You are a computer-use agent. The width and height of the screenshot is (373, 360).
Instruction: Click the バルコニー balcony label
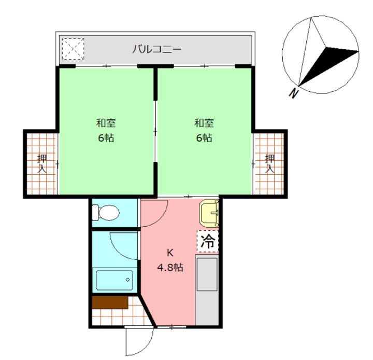156,49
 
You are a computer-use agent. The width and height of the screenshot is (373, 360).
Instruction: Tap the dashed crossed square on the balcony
73,49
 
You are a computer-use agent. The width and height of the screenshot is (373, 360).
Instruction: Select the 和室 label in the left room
106,123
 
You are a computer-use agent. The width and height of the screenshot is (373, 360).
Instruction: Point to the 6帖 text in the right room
204,137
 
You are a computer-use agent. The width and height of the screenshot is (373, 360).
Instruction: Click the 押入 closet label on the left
42,164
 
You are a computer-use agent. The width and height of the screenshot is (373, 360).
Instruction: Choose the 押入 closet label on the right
270,164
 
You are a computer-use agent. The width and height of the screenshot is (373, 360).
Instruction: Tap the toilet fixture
106,212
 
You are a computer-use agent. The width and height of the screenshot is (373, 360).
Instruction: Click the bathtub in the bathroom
114,280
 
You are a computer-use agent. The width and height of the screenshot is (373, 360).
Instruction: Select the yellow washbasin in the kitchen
209,213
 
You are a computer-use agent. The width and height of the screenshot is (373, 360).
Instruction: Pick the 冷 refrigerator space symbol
207,241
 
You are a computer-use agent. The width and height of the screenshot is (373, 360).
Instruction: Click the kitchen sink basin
207,274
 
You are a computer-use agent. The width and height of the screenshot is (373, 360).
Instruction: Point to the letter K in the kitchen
170,253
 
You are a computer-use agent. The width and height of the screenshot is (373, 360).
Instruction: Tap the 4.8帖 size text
170,267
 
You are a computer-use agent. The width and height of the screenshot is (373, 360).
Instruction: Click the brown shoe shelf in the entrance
110,302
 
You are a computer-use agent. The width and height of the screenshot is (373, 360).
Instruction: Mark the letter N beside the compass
294,93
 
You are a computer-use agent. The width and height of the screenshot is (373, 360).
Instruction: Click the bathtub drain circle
128,280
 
